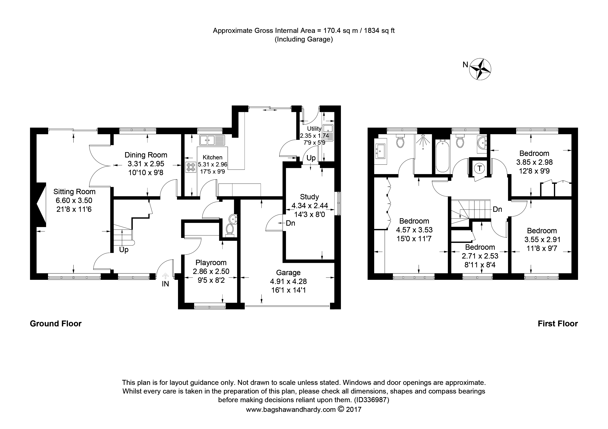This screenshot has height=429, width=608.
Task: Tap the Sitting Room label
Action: (x=74, y=192)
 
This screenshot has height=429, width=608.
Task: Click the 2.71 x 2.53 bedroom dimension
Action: (x=480, y=256)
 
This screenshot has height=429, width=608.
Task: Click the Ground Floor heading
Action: (x=56, y=324)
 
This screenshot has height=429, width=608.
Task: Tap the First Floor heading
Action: (x=557, y=324)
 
